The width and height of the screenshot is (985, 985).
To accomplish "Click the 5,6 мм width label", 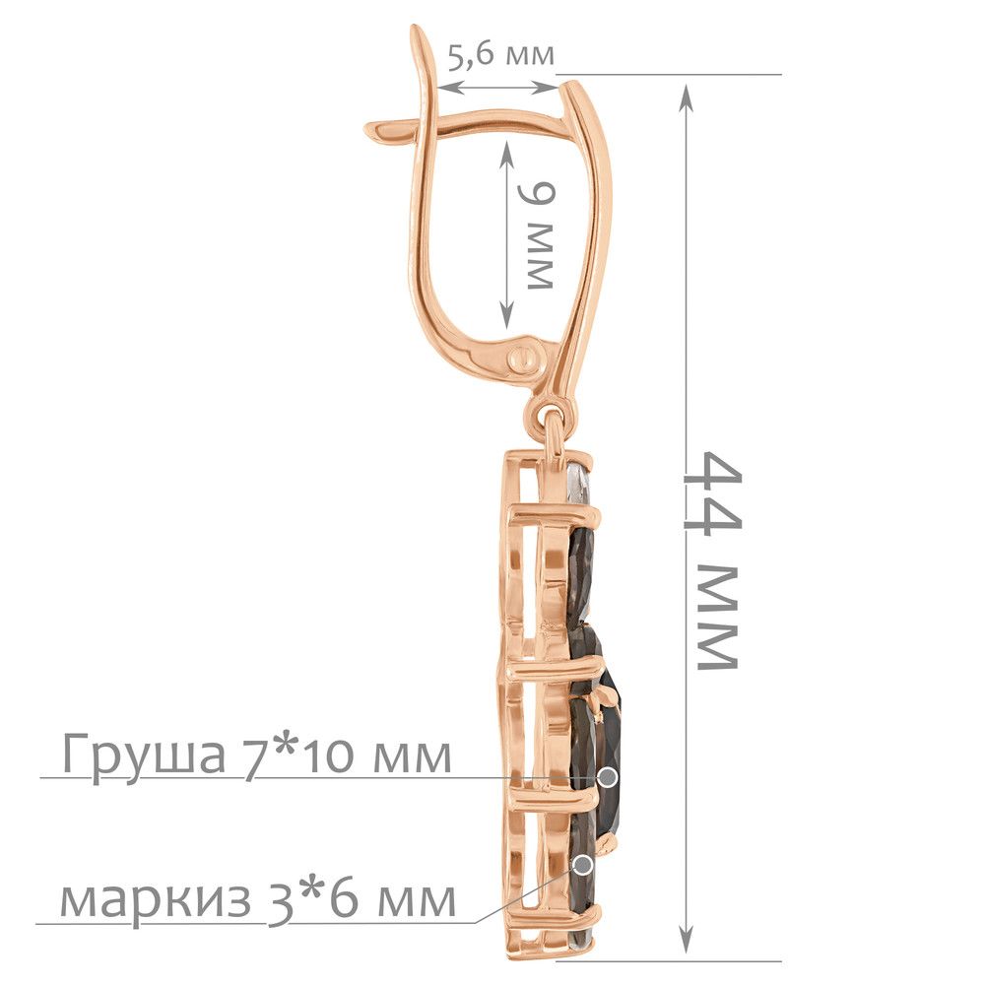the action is coord(501,55).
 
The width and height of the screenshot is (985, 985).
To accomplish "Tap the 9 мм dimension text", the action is coord(538,236).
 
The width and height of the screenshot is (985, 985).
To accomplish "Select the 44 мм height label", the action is coord(712,560).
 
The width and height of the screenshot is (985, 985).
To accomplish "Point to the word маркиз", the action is coord(156,900).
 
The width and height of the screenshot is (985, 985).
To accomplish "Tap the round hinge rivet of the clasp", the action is coord(525,360).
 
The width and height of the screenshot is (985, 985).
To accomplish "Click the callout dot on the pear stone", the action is coord(608,777).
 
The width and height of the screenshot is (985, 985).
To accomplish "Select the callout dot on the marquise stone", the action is coord(583,865).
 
